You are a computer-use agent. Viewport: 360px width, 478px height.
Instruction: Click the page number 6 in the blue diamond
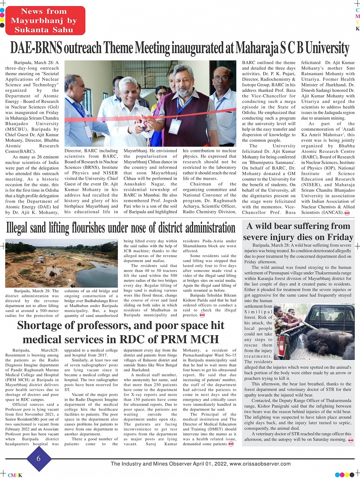tap(38, 459)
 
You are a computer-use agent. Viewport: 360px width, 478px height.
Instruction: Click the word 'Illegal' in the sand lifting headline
tap(21, 228)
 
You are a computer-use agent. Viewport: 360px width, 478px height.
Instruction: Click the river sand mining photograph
tap(61, 263)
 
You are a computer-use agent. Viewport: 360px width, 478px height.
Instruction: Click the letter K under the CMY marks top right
tap(357, 29)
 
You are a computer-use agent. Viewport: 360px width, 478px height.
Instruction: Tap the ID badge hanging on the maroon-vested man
tap(175, 126)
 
